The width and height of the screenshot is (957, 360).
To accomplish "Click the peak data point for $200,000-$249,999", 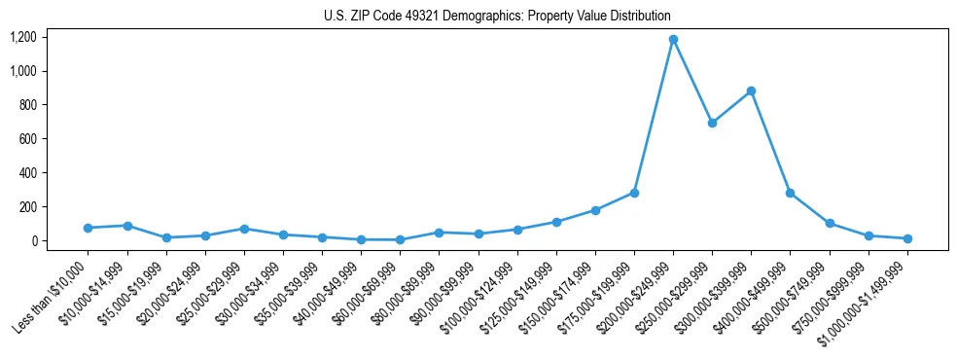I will point(673,40).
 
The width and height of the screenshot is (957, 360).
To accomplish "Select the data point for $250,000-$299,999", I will point(712,123).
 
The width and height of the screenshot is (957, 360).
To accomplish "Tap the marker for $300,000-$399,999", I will point(751,91).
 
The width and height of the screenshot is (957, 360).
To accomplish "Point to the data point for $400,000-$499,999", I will point(790,193).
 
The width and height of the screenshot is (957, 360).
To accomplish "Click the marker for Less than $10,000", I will point(88,228).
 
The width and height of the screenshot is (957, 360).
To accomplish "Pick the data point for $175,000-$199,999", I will point(634,193).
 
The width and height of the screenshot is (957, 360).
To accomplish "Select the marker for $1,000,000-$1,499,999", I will point(907,238).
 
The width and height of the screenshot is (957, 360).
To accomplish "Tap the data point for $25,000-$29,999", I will point(244,229).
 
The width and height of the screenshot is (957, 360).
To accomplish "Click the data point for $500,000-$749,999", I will point(830,223).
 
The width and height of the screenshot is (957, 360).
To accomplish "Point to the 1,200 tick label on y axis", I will point(23,37).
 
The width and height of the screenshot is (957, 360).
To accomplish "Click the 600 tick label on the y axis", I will point(27,139).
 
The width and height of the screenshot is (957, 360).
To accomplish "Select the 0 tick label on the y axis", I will point(33,241).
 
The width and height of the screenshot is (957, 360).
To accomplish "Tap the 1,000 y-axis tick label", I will point(23,71).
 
